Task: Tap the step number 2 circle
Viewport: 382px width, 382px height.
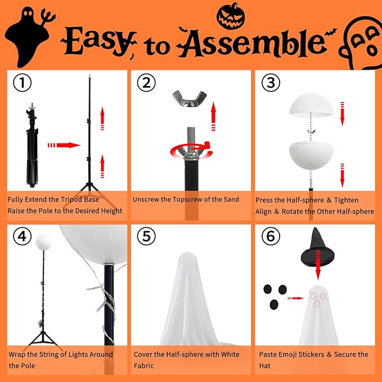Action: (x=146, y=83)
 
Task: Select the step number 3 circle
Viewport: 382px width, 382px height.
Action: (x=270, y=83)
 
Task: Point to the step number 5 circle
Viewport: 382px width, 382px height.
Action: (x=146, y=237)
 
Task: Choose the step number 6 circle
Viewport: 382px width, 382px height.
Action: (x=270, y=237)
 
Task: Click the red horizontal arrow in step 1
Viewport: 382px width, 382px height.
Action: (x=64, y=145)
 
